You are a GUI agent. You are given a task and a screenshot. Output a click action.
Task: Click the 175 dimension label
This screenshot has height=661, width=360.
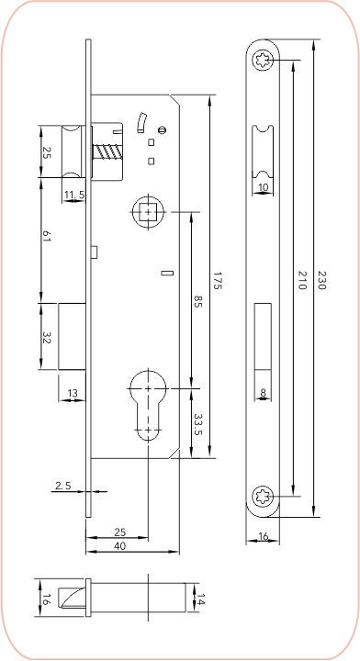217,280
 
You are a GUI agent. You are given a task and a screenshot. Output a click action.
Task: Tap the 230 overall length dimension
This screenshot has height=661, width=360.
321,279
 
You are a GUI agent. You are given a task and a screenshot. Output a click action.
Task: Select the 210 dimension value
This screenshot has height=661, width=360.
301,280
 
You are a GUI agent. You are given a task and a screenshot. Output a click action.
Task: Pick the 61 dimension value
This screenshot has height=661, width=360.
46,237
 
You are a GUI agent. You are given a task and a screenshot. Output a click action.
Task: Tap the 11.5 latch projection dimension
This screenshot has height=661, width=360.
74,195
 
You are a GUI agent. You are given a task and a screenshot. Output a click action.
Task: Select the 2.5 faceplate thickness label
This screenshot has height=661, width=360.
63,486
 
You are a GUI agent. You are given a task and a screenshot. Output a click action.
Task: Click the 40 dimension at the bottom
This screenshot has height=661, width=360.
120,546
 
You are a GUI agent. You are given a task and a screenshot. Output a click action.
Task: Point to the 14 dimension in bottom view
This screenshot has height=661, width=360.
200,599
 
